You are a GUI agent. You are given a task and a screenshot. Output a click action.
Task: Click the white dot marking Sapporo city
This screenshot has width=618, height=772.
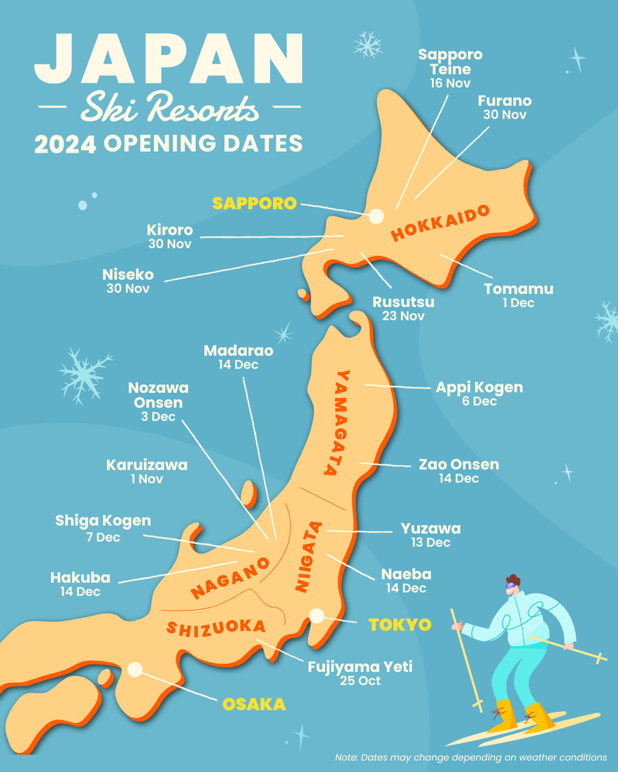pos(376,216)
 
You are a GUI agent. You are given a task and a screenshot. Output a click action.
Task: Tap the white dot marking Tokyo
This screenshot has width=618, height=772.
pos(317,615)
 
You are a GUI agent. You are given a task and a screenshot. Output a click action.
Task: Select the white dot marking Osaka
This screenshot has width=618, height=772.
pos(135,669)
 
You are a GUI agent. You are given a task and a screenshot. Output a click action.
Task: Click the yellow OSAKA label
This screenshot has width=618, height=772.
pos(254,704)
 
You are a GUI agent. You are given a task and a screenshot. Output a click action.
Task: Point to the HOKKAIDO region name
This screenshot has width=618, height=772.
pos(441,224)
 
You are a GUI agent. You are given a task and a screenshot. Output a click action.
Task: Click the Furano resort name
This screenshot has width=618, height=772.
pos(504,101)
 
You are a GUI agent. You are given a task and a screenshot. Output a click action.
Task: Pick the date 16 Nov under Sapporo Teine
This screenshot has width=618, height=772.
pos(451,83)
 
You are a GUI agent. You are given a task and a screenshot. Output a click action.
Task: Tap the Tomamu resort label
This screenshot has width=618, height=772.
pos(519,288)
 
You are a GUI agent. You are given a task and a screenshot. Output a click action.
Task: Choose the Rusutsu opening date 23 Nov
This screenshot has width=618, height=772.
pos(403,316)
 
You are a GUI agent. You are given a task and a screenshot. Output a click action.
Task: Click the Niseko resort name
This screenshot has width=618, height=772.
pos(128,274)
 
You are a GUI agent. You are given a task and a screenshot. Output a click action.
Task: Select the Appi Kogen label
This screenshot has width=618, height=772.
pos(479,387)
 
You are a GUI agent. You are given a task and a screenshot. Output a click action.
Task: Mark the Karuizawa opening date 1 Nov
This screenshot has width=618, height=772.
pos(146,479)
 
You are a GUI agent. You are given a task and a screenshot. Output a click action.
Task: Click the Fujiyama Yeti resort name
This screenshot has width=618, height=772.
pos(360,666)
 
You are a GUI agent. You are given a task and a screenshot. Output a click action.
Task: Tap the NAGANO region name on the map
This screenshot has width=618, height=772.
pos(230,577)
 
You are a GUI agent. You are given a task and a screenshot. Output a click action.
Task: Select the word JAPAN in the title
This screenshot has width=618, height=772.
pos(168,59)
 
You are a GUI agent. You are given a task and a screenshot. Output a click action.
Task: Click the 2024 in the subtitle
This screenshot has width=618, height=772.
pos(65,144)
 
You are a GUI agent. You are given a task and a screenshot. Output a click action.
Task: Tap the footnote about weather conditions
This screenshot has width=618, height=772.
pos(470,757)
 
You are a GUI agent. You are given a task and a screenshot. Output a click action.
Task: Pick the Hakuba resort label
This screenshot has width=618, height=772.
pos(80,577)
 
